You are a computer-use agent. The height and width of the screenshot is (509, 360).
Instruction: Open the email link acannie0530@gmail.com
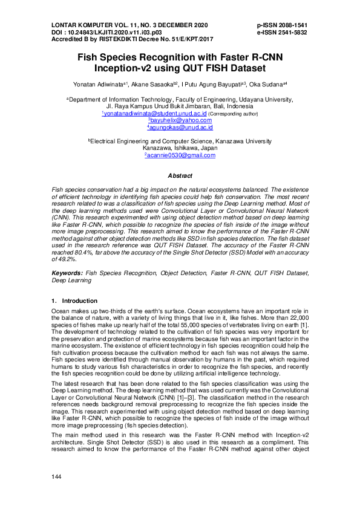coord(181,155)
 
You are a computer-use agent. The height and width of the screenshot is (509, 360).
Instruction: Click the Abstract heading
coord(180,176)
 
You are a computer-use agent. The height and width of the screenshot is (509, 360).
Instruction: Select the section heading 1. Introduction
coord(74,300)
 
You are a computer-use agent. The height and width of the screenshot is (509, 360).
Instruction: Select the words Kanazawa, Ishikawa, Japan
coord(180,148)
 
